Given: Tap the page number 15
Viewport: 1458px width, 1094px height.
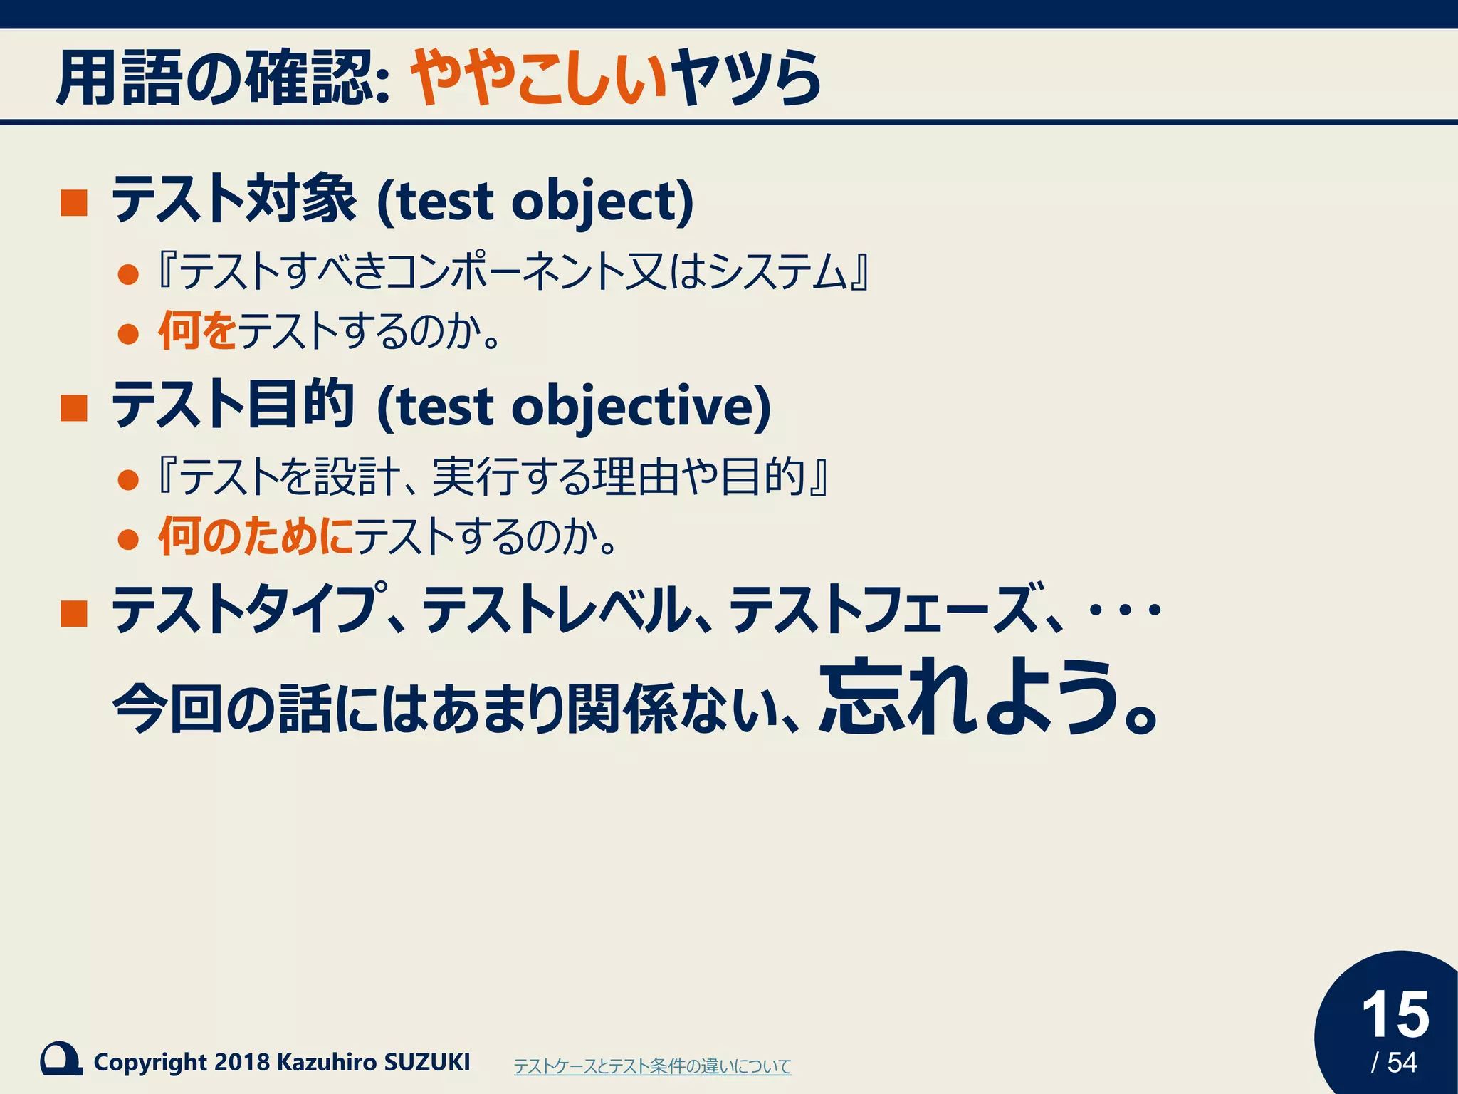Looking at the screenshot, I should [x=1395, y=1014].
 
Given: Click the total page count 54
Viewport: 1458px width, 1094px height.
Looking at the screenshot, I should [x=1402, y=1063].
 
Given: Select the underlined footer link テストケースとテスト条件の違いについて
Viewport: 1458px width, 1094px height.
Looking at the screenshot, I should [x=652, y=1066].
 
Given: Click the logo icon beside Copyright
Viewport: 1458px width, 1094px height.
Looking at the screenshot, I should [x=61, y=1060].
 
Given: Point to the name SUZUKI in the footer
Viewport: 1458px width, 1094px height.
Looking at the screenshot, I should [x=427, y=1062].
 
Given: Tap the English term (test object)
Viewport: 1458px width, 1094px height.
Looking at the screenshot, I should [x=535, y=202].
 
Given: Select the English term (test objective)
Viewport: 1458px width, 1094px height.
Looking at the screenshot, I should [x=574, y=407].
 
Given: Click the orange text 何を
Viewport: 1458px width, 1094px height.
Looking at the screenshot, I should [x=197, y=330].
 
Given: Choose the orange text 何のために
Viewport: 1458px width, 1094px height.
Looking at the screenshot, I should [x=256, y=536].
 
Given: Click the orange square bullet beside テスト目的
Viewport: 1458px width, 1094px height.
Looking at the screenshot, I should [x=74, y=408].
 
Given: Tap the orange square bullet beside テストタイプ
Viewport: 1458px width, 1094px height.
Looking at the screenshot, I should [x=74, y=613].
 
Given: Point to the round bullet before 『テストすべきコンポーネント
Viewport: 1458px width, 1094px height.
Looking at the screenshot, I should [x=128, y=274].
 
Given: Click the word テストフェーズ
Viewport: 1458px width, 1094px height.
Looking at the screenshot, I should [x=886, y=610].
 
